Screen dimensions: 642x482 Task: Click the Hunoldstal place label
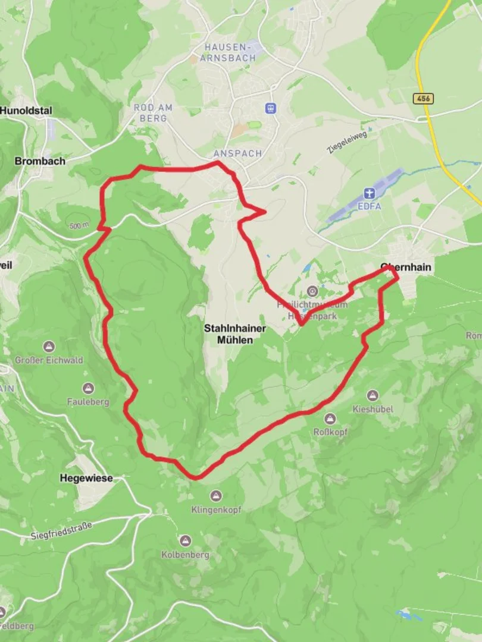click(26, 110)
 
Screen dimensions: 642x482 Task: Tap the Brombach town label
click(40, 161)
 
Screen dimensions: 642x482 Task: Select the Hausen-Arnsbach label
click(230, 52)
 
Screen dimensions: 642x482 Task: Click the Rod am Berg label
click(153, 113)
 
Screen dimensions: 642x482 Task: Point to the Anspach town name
click(238, 153)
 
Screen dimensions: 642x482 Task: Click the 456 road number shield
click(423, 98)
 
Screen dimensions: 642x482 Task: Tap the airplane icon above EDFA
click(370, 194)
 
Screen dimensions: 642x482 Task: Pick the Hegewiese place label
click(86, 478)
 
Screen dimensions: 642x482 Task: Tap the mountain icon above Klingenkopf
click(215, 496)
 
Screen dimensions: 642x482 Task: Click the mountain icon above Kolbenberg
click(186, 541)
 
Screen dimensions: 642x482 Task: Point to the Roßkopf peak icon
click(330, 419)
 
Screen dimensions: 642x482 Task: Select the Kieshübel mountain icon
click(373, 396)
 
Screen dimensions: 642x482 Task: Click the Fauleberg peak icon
click(88, 389)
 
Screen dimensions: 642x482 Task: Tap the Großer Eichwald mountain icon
click(49, 347)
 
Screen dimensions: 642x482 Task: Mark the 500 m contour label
click(79, 225)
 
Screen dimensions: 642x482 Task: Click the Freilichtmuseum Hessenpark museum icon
click(312, 291)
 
